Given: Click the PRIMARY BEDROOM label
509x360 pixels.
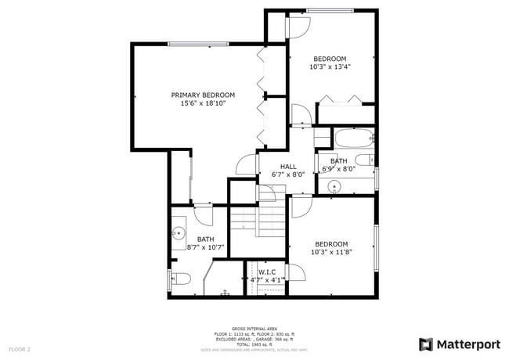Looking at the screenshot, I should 203,95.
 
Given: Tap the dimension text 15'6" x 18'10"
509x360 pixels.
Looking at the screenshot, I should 203,103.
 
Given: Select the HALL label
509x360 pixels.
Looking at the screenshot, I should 288,166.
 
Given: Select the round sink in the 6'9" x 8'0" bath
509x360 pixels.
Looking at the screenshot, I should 335,186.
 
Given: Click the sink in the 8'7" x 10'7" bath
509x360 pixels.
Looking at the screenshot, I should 179,232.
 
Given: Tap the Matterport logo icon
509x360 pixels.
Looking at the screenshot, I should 425,344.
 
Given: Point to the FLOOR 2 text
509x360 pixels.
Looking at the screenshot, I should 19,348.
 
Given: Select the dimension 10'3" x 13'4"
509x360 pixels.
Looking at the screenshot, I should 330,67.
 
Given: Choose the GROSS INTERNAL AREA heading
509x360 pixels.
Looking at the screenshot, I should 254,329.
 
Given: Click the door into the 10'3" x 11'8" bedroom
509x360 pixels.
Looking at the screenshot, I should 301,207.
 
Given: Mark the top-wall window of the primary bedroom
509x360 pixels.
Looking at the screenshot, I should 192,43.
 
